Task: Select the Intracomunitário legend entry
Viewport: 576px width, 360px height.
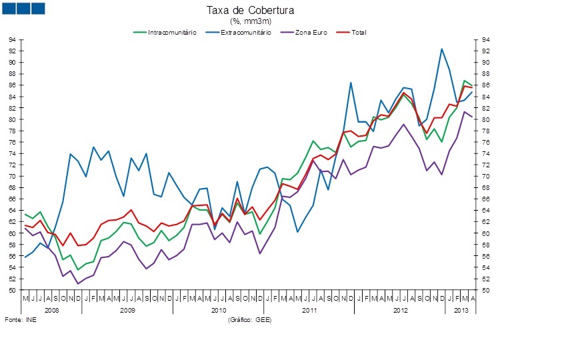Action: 171,32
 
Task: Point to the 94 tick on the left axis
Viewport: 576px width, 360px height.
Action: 13,40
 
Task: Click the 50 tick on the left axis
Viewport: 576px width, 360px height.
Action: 13,291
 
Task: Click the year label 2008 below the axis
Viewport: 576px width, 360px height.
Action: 52,311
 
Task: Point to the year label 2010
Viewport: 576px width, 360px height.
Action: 219,311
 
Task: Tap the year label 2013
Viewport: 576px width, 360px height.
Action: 461,311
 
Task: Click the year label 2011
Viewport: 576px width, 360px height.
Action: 309,311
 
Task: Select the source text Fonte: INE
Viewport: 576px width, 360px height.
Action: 21,321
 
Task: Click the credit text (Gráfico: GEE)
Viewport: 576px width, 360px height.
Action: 250,321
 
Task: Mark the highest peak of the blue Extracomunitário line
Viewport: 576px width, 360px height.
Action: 441,49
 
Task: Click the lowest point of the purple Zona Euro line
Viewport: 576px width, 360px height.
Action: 78,284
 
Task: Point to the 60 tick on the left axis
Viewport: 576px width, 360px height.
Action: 13,233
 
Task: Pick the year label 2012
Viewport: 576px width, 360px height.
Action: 400,311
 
